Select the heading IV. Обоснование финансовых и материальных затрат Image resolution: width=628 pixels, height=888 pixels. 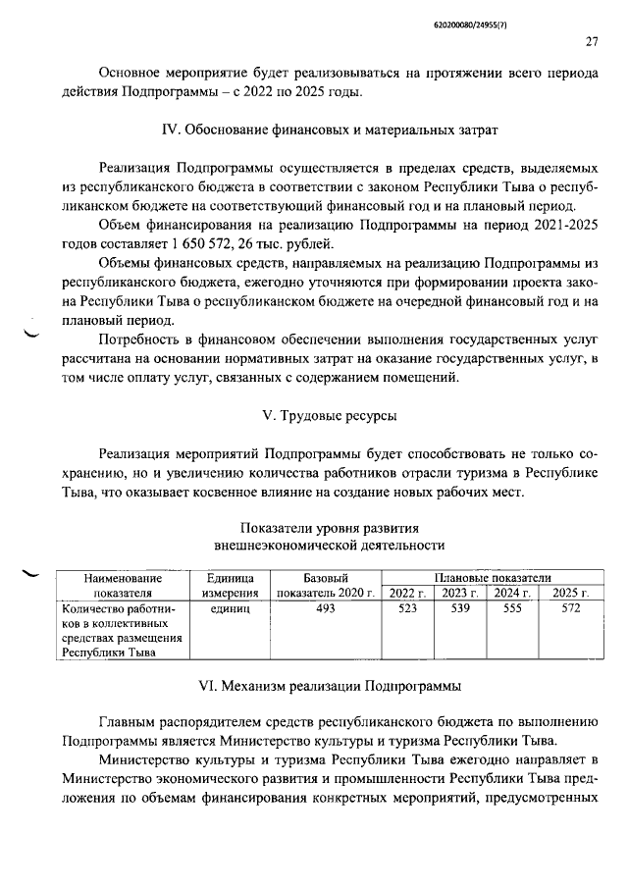point(330,129)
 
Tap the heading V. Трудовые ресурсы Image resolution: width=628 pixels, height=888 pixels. point(330,416)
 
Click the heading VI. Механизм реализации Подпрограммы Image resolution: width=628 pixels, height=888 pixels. point(330,685)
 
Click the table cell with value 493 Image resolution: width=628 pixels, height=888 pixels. point(327,609)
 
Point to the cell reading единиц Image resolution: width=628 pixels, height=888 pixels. point(231,609)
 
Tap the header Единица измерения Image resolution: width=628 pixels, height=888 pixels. point(231,585)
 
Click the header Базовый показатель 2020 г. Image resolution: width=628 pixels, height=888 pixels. point(327,585)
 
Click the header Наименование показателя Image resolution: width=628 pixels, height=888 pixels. point(122,585)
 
